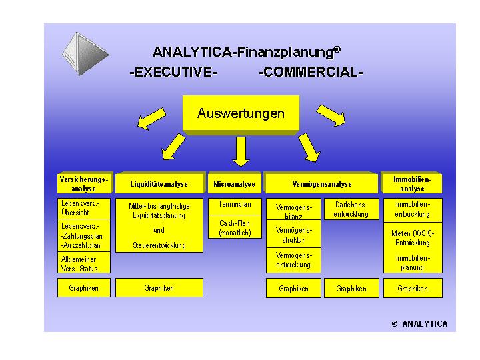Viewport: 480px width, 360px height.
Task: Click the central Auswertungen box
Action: (x=241, y=114)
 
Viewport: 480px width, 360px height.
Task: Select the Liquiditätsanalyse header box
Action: (x=159, y=184)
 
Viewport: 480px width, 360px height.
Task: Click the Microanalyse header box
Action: (x=235, y=184)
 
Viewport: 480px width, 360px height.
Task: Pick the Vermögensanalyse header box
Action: (x=322, y=184)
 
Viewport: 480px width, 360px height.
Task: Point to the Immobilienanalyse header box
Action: (x=413, y=184)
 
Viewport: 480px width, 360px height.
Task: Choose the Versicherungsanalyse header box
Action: (x=83, y=184)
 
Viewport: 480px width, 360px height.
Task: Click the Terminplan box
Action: (x=235, y=205)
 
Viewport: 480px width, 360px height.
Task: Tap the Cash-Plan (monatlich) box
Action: (x=235, y=228)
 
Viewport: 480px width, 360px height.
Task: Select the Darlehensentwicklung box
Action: (x=351, y=209)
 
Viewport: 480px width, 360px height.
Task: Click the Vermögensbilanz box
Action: (x=293, y=211)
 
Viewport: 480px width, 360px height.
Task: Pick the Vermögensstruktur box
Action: (x=293, y=235)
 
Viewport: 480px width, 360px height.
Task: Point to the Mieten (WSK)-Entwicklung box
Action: (x=413, y=238)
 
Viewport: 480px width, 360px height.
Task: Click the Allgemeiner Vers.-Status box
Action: (x=83, y=264)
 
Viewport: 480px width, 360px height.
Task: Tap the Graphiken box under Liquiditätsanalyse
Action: (x=159, y=288)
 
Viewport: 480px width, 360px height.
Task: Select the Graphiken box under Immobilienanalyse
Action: (x=413, y=289)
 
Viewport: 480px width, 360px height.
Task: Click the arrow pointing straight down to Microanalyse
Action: (x=241, y=151)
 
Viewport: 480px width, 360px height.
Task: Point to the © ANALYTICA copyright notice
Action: (x=419, y=324)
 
